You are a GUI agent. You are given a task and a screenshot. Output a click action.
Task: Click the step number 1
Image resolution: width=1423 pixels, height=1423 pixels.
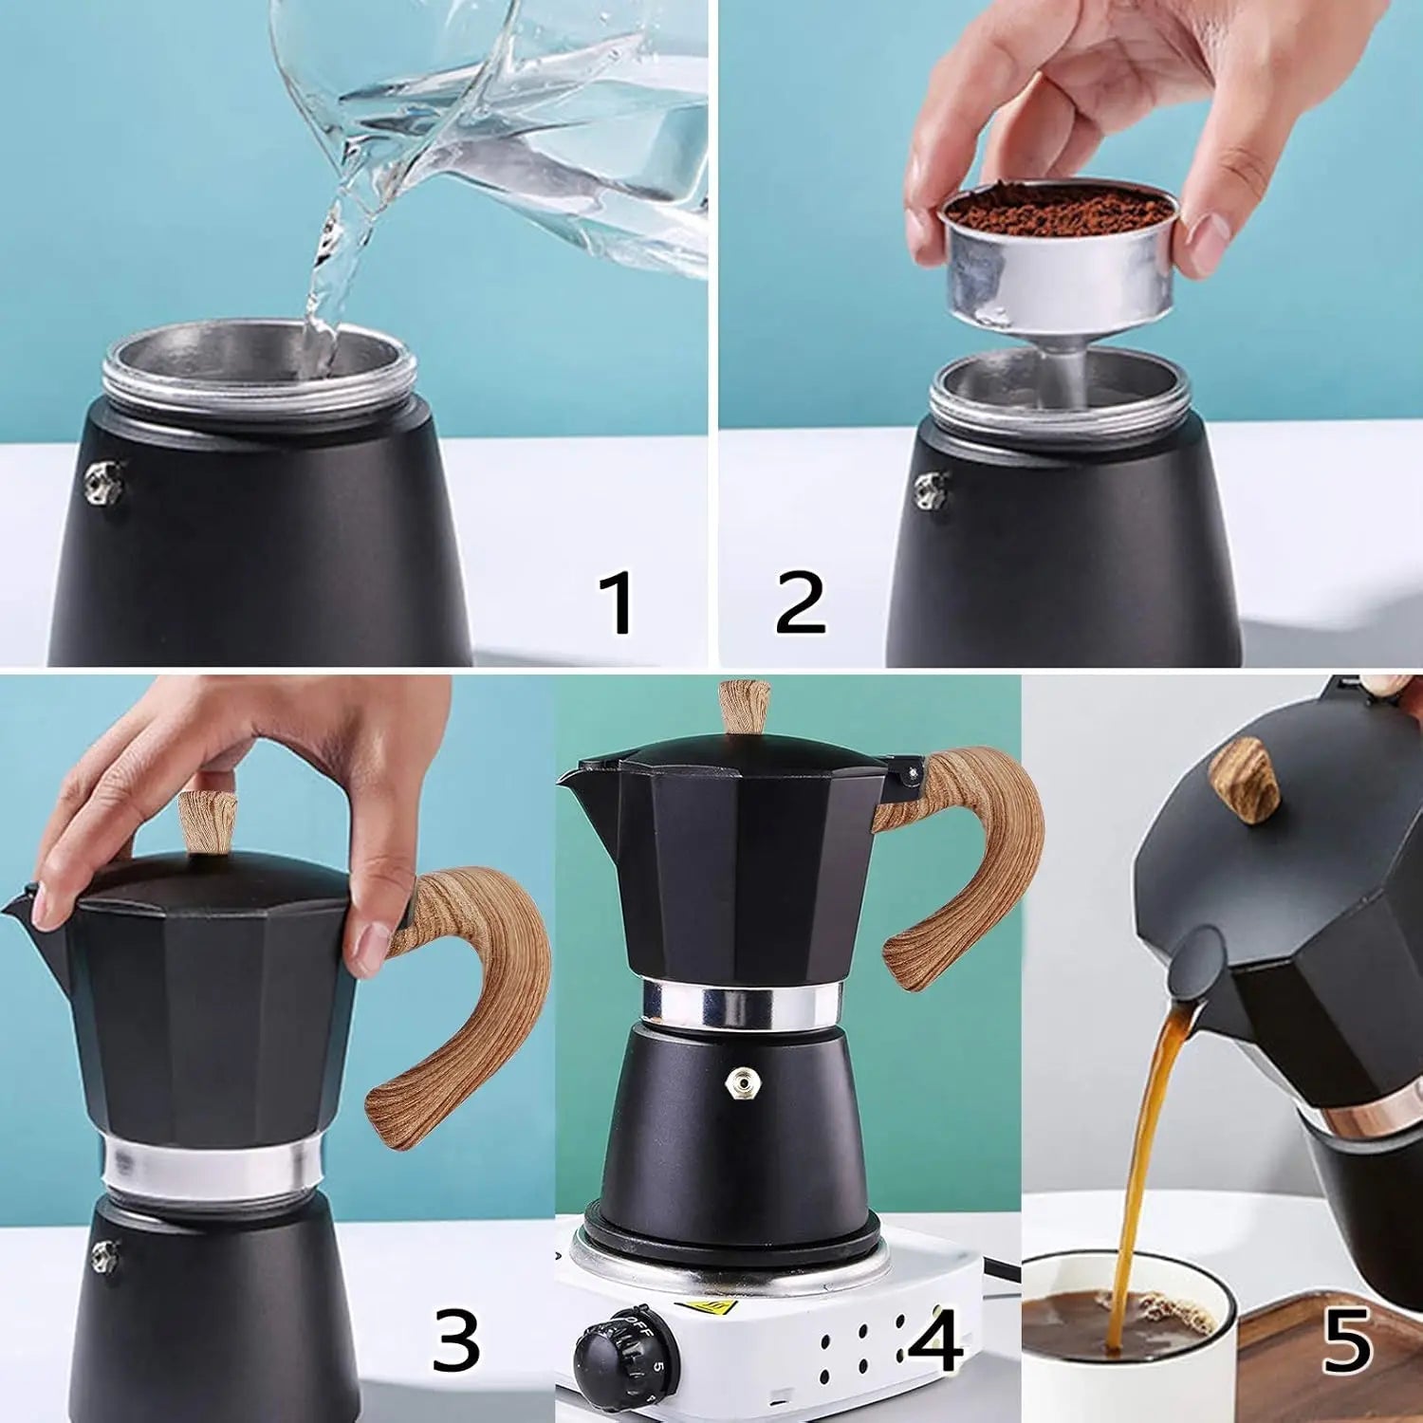pyautogui.click(x=618, y=603)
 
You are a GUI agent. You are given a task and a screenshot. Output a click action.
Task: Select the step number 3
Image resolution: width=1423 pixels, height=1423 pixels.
pyautogui.click(x=456, y=1340)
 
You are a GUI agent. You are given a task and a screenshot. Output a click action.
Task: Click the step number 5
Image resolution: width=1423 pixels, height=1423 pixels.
pyautogui.click(x=1347, y=1340)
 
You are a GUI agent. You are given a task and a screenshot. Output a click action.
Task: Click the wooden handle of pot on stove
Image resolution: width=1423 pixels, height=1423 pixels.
pyautogui.click(x=968, y=854)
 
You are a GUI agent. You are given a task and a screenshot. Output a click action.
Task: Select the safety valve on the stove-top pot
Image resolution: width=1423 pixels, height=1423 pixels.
pyautogui.click(x=739, y=1082)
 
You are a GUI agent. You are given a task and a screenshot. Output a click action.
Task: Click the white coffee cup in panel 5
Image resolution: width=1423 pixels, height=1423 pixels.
pyautogui.click(x=1119, y=1366)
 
